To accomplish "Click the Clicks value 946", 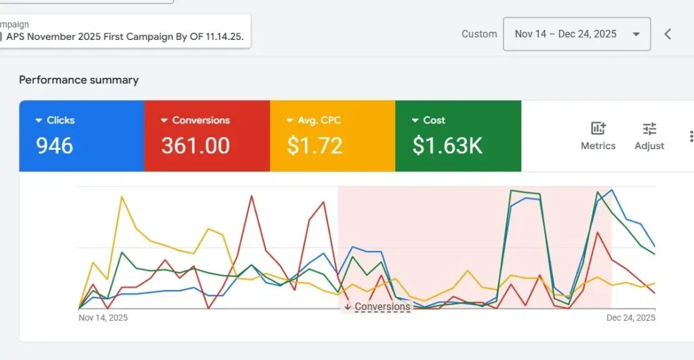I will pyautogui.click(x=54, y=146).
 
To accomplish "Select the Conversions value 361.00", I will pyautogui.click(x=195, y=146).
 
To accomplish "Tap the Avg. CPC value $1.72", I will pyautogui.click(x=314, y=146).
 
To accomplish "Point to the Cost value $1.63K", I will pyautogui.click(x=447, y=146).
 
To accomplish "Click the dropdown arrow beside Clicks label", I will pyautogui.click(x=38, y=121).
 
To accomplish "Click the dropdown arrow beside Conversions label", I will pyautogui.click(x=164, y=121).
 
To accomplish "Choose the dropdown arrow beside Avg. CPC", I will pyautogui.click(x=289, y=121).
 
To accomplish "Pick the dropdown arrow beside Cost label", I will pyautogui.click(x=415, y=121).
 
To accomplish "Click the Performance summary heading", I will pyautogui.click(x=79, y=80).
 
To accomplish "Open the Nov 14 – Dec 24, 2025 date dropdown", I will pyautogui.click(x=576, y=34).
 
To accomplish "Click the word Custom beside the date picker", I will pyautogui.click(x=479, y=34).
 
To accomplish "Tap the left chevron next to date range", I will pyautogui.click(x=668, y=34).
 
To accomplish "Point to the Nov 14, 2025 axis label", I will pyautogui.click(x=103, y=317).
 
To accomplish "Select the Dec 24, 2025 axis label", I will pyautogui.click(x=630, y=317).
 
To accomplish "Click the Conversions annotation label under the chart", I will pyautogui.click(x=382, y=306).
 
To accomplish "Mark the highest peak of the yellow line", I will pyautogui.click(x=121, y=197).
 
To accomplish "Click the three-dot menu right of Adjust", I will pyautogui.click(x=691, y=136).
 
